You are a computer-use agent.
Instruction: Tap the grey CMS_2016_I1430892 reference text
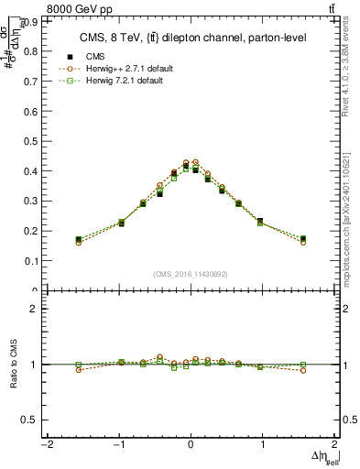190,274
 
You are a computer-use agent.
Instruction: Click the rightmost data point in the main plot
303,239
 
